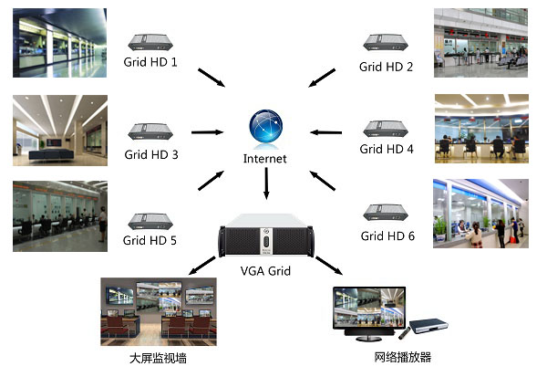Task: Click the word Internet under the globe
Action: pyautogui.click(x=265, y=159)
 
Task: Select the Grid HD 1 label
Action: pyautogui.click(x=150, y=63)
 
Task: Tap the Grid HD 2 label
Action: pyautogui.click(x=386, y=67)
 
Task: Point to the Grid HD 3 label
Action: pyautogui.click(x=150, y=154)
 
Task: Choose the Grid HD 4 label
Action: pyautogui.click(x=387, y=149)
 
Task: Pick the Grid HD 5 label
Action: pyautogui.click(x=150, y=242)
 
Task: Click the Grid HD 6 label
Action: pyautogui.click(x=387, y=236)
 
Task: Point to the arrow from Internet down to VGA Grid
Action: pyautogui.click(x=265, y=185)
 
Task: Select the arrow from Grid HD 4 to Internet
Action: pyautogui.click(x=323, y=132)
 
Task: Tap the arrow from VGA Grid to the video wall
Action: pyautogui.click(x=202, y=266)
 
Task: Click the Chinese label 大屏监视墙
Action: pyautogui.click(x=158, y=358)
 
